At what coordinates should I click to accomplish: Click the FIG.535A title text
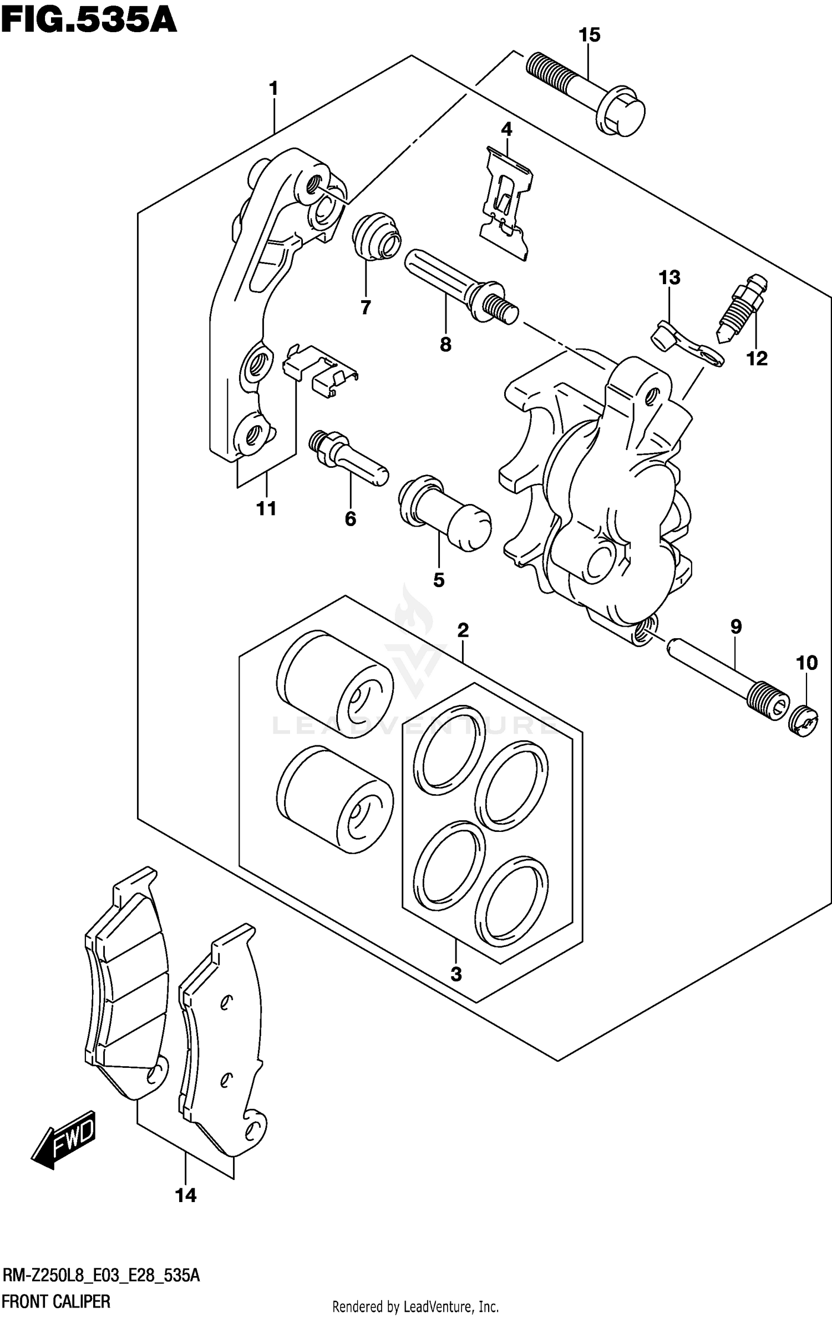point(89,21)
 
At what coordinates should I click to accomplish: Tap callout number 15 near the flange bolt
point(589,35)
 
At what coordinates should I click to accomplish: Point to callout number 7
point(366,307)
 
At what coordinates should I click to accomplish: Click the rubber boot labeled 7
point(376,235)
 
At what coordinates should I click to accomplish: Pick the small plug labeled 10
point(803,721)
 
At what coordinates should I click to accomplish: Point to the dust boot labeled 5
point(444,511)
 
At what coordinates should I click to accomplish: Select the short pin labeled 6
point(348,457)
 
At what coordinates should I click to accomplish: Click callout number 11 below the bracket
point(266,508)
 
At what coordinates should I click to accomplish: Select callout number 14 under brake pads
point(186,1195)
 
